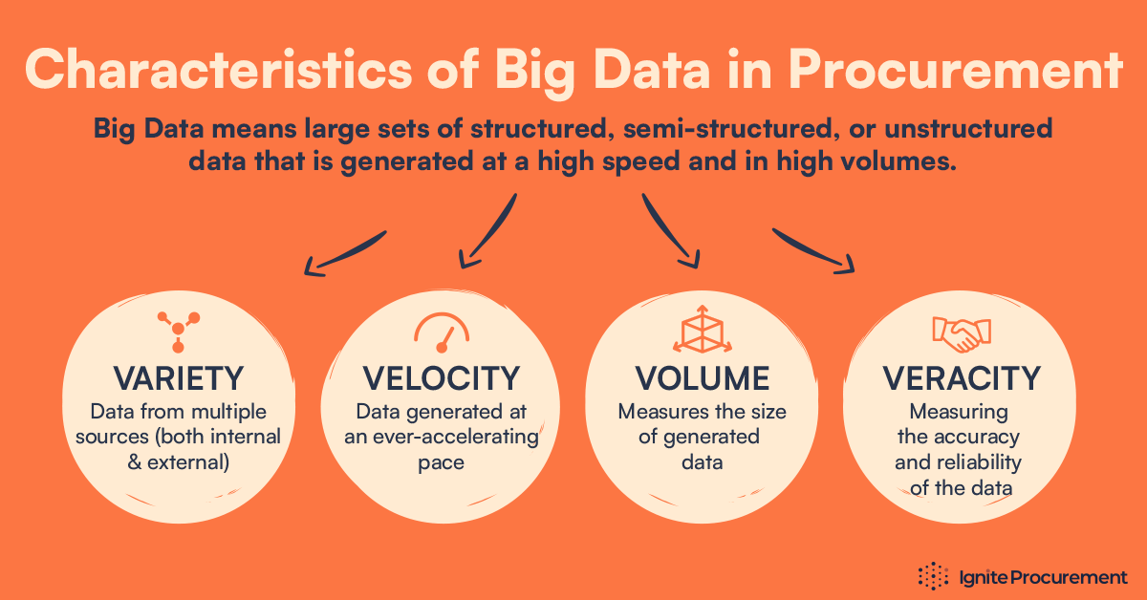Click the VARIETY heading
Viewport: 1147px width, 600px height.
[178, 378]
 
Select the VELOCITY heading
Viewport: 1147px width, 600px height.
[441, 378]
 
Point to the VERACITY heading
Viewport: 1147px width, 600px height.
[961, 378]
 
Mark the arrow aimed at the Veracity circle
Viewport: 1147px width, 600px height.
[812, 252]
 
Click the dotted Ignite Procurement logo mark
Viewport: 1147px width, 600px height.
[933, 576]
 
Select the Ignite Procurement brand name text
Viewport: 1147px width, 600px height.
[1043, 577]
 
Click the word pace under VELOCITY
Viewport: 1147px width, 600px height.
[441, 462]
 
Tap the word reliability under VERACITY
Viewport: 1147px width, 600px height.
[960, 462]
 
